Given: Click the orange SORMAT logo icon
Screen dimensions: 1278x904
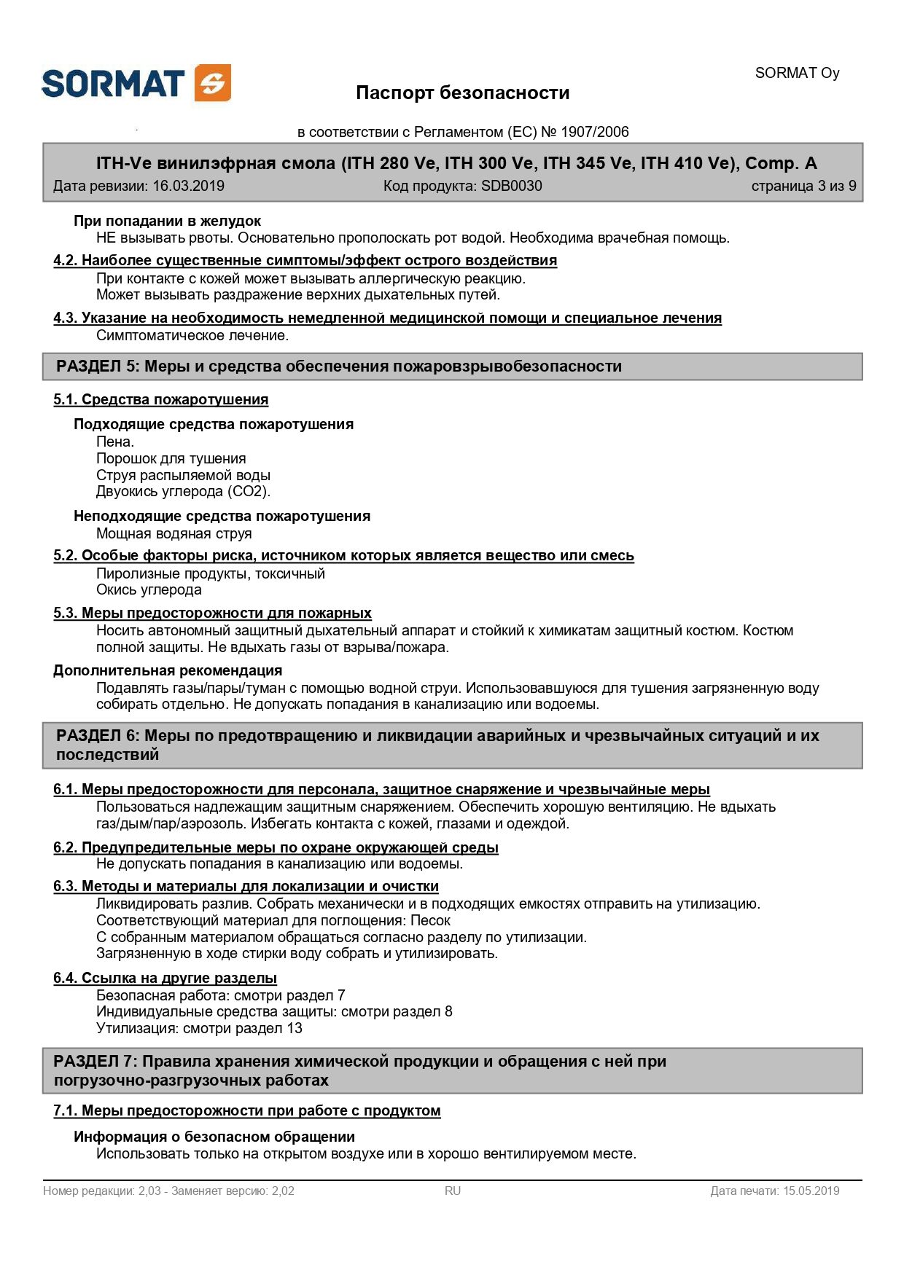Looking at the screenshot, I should point(213,83).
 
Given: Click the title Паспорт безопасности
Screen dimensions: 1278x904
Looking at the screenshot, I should point(462,93).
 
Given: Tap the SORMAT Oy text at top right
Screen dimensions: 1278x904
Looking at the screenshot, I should point(797,73).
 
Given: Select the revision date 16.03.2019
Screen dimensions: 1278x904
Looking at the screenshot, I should point(188,186).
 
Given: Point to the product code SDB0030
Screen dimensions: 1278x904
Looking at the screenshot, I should point(511,186).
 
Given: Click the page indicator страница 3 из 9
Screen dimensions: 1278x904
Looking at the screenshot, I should point(803,186).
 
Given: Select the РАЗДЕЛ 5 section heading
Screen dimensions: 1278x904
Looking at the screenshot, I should point(339,366).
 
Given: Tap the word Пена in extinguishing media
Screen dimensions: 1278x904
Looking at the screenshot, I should point(114,442).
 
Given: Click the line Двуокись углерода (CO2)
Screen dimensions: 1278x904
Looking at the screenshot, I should point(183,491).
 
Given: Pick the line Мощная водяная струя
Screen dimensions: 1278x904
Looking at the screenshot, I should point(174,533).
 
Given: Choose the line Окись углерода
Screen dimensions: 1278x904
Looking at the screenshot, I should point(149,589).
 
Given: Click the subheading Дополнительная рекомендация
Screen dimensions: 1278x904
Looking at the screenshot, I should point(168,670).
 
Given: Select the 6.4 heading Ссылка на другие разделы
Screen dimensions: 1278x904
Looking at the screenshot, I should point(165,978).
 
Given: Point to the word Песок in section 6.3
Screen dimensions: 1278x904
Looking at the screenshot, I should point(430,920).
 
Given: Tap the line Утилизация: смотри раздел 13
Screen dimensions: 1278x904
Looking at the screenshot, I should point(199,1028).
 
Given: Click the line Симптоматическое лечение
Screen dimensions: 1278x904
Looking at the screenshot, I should point(192,335).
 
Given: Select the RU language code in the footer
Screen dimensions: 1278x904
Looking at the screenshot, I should point(453,1191).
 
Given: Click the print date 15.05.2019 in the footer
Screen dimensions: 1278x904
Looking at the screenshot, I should point(811,1191).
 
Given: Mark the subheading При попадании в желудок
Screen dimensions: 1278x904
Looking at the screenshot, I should point(167,221).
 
